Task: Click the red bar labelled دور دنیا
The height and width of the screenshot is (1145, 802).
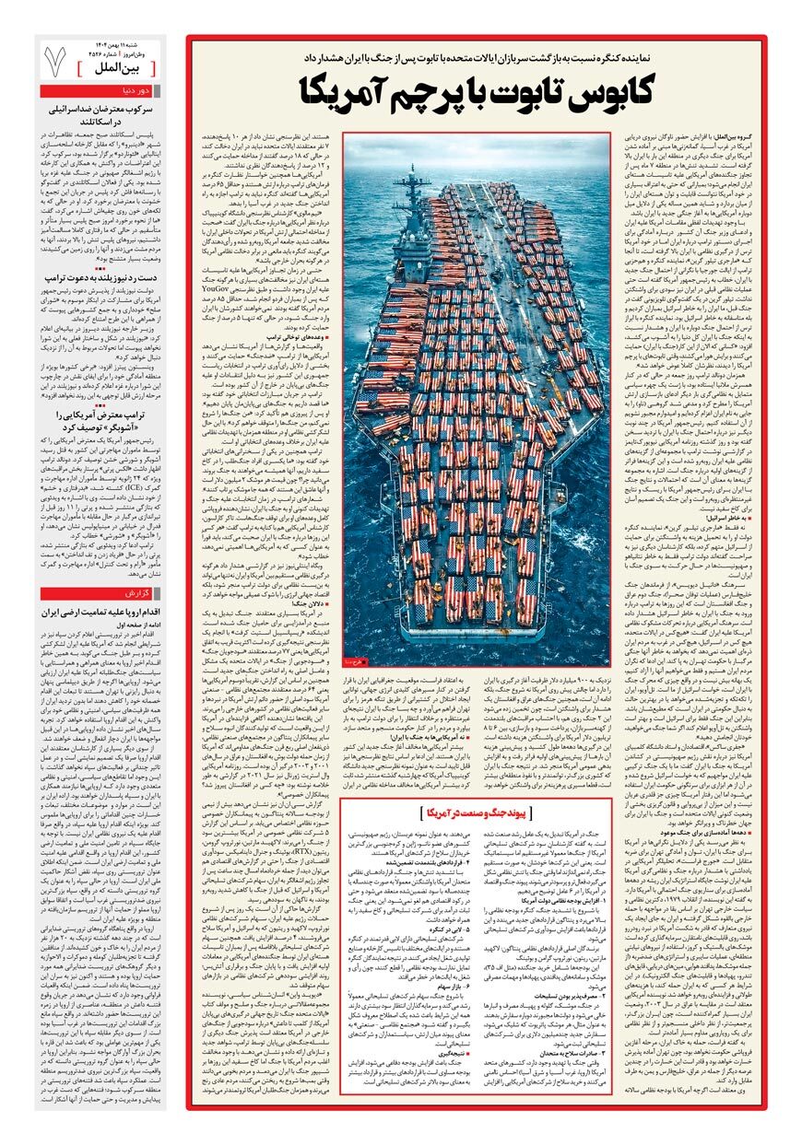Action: click(x=102, y=91)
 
